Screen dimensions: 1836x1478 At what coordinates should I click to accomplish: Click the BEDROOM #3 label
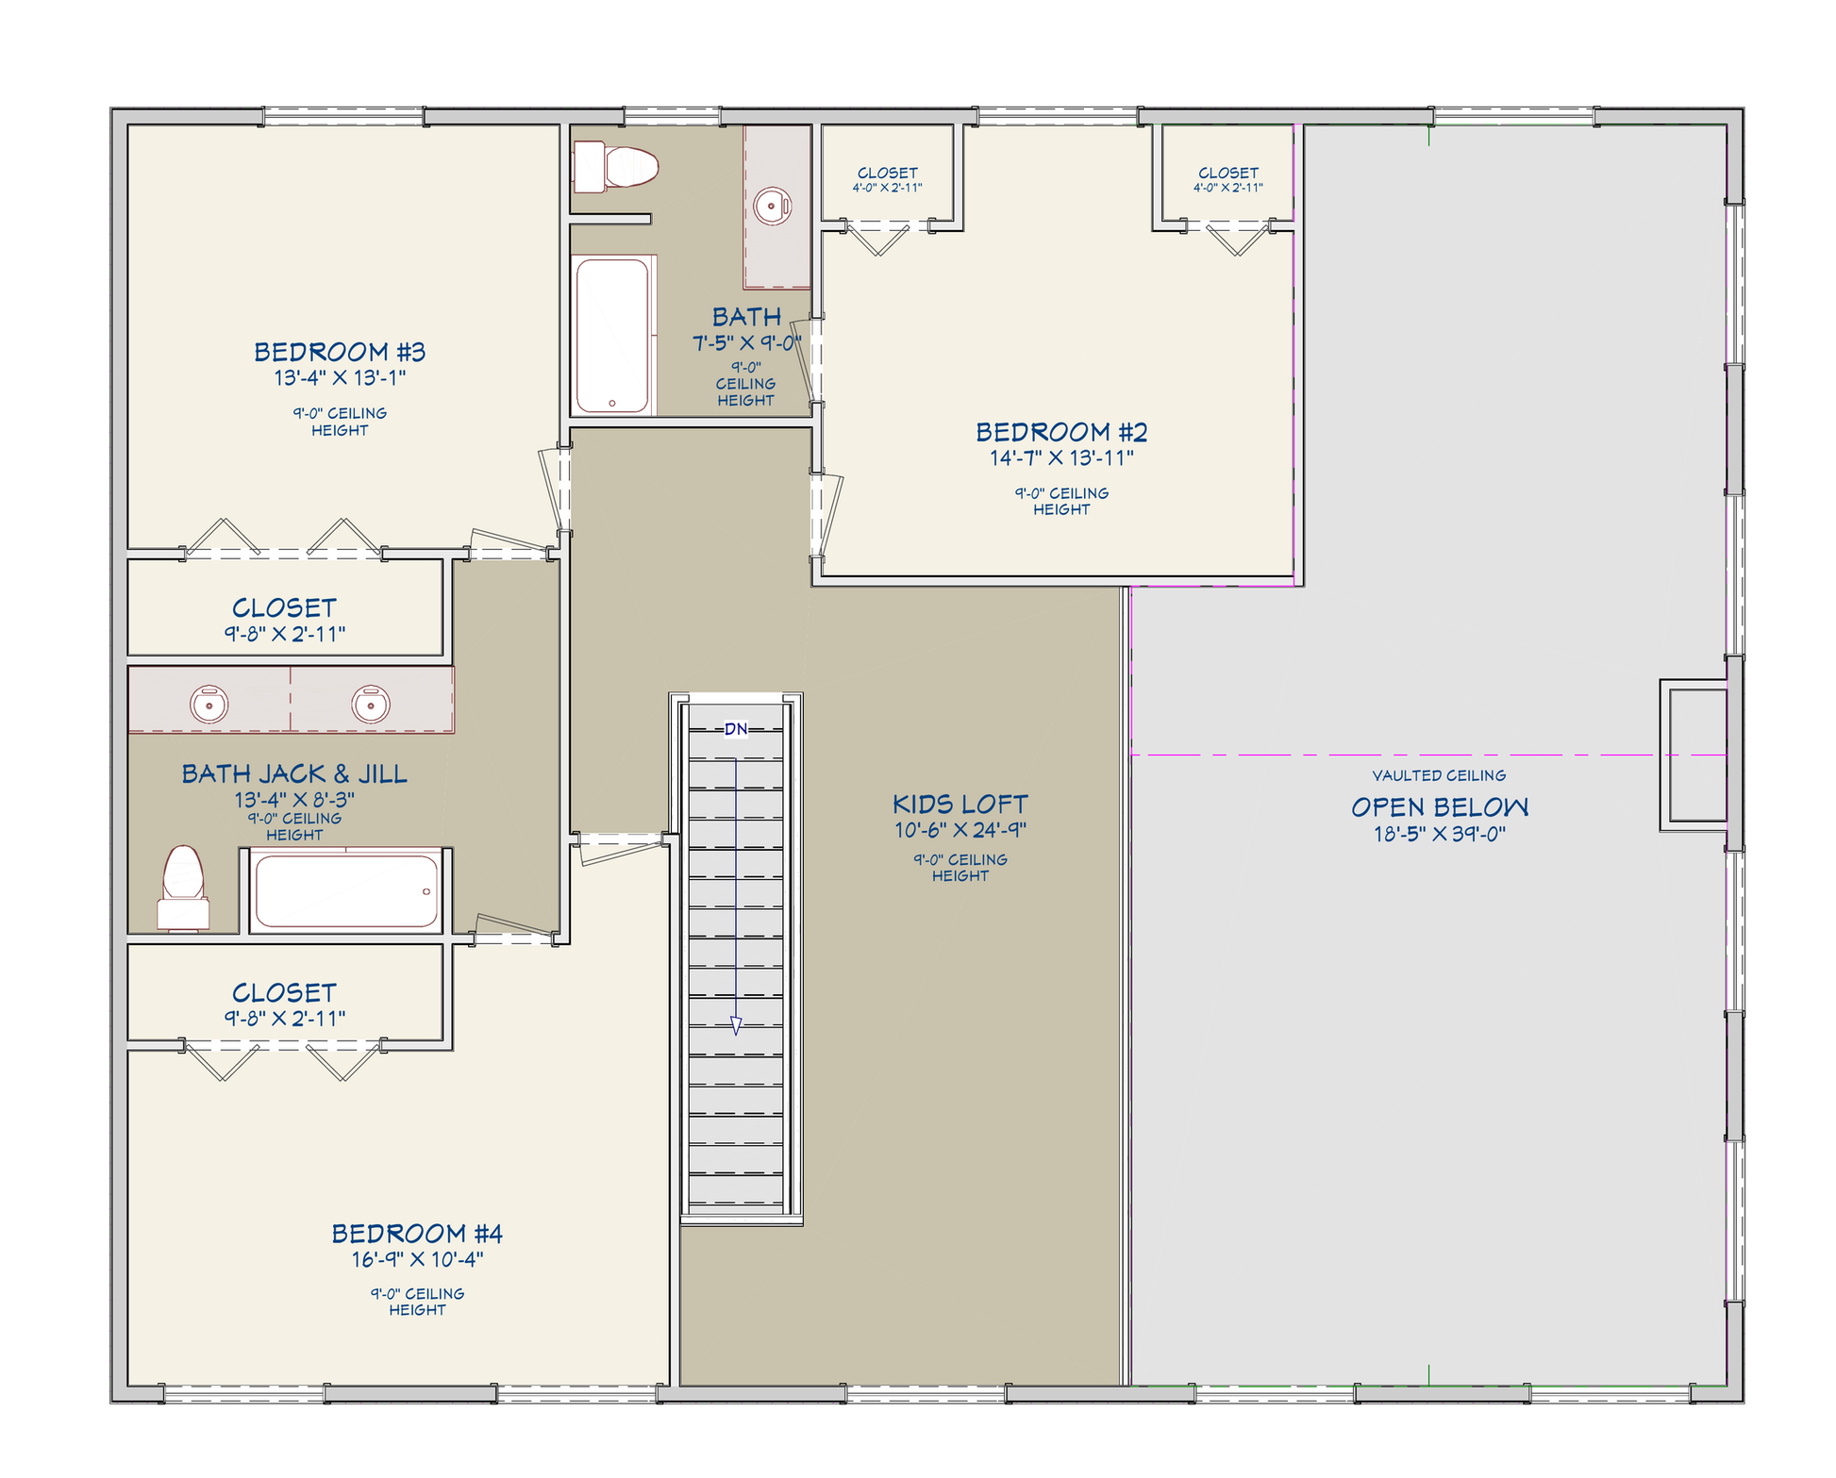tap(340, 352)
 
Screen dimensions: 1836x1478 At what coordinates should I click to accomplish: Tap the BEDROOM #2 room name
tap(1061, 432)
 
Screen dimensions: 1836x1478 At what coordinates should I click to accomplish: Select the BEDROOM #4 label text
tap(417, 1233)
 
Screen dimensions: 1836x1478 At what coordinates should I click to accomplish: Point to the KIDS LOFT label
tap(960, 805)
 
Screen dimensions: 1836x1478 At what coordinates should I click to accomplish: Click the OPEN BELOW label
tap(1440, 807)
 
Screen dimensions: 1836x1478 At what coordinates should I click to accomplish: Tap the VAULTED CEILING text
tap(1439, 775)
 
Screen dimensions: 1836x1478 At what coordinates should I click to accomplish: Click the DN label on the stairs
tap(736, 729)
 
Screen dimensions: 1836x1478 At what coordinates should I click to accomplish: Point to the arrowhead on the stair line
tap(736, 1026)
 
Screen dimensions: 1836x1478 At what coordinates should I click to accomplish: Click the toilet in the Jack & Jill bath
tap(183, 888)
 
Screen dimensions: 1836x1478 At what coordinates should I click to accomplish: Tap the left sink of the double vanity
tap(209, 704)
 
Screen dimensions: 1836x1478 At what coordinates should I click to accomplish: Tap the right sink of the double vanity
tap(371, 704)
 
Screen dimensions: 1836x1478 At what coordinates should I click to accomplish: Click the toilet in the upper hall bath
tap(616, 166)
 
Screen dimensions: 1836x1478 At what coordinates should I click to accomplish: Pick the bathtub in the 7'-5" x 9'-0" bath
tap(612, 336)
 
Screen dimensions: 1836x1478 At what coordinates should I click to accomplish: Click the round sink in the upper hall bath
tap(773, 206)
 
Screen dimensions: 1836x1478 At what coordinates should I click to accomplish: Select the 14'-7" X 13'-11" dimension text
tap(1061, 458)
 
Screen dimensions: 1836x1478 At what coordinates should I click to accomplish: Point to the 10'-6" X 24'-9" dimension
tap(960, 831)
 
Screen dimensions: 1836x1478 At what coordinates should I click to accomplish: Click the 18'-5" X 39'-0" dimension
tap(1440, 834)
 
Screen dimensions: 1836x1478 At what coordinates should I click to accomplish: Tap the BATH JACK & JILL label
tap(294, 774)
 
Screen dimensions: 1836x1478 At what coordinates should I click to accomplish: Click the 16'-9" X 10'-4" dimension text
tap(417, 1259)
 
